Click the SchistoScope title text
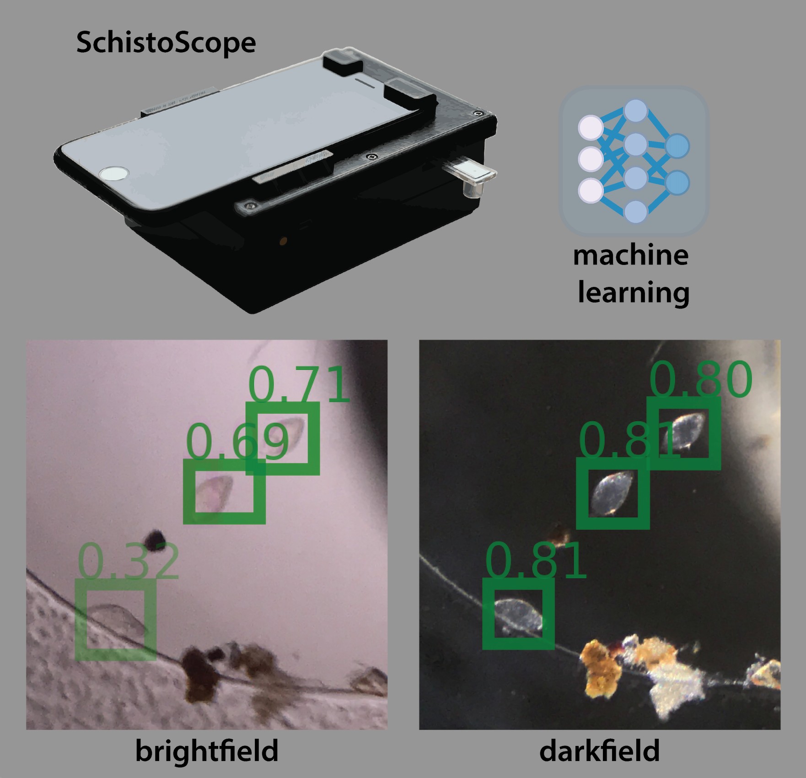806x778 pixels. [x=166, y=43]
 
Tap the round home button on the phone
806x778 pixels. [x=114, y=173]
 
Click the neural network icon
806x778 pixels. [x=634, y=161]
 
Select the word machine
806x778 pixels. [x=631, y=255]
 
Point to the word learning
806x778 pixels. [x=634, y=293]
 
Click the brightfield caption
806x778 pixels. [x=207, y=751]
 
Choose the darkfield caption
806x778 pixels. [x=599, y=751]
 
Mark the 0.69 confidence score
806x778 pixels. [x=237, y=442]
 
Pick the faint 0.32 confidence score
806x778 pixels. [x=129, y=562]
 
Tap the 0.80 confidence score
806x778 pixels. [x=700, y=379]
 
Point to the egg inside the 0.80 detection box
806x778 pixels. [x=682, y=431]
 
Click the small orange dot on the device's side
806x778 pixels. [x=284, y=240]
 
